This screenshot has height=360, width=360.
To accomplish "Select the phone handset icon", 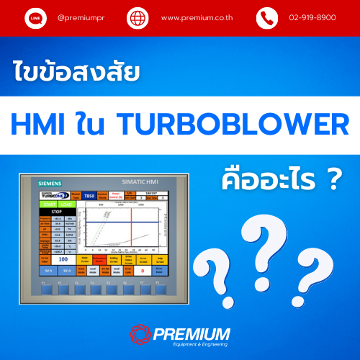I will click(x=267, y=17).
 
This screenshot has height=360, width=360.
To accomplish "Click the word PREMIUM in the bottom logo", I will click(x=190, y=333).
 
